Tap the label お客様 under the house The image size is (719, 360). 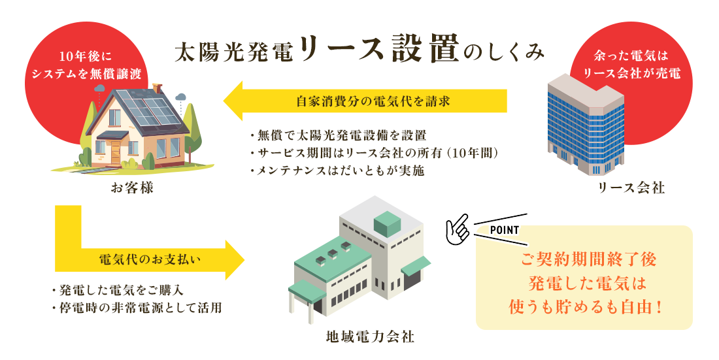click(x=133, y=188)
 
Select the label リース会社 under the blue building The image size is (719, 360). click(x=631, y=188)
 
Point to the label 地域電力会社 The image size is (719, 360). click(x=370, y=337)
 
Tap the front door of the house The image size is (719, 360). click(x=115, y=152)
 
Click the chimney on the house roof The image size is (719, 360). click(x=158, y=88)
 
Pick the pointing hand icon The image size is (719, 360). click(x=458, y=229)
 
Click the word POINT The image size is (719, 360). click(x=505, y=230)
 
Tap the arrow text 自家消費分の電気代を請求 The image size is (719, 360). click(x=373, y=101)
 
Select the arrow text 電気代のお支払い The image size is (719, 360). click(x=150, y=259)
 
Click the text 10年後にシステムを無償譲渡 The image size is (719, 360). click(x=86, y=65)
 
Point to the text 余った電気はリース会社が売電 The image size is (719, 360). click(x=631, y=65)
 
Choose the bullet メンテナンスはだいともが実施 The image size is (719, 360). click(x=337, y=171)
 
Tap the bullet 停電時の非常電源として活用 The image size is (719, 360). click(x=137, y=307)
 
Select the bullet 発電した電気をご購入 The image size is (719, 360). click(x=118, y=290)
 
